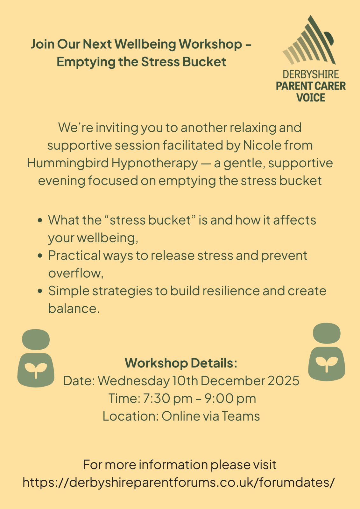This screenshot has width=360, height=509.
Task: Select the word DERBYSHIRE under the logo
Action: [311, 74]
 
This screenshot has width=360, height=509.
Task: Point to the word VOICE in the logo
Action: [311, 97]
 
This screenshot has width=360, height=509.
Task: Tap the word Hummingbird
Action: [68, 164]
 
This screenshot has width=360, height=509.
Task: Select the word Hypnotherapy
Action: [155, 164]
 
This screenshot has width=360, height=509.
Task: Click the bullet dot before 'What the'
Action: [40, 220]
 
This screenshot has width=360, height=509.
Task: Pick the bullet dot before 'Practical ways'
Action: [40, 256]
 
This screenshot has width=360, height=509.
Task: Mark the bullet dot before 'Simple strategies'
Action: [40, 291]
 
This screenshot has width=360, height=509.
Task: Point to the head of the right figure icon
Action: [327, 333]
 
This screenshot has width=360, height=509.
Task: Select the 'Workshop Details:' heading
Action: [181, 363]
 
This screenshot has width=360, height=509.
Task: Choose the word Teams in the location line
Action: [241, 416]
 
